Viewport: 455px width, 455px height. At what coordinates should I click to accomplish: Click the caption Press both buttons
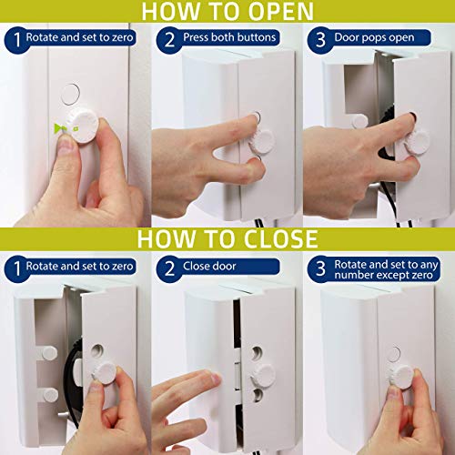pyautogui.click(x=227, y=39)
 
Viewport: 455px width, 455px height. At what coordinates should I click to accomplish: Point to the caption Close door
pyautogui.click(x=209, y=267)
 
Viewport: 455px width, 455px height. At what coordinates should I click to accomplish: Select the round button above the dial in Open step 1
pyautogui.click(x=71, y=94)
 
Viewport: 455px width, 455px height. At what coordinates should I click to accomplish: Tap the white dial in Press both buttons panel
pyautogui.click(x=261, y=139)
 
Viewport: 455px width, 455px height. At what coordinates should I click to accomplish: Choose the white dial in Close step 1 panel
pyautogui.click(x=106, y=371)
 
